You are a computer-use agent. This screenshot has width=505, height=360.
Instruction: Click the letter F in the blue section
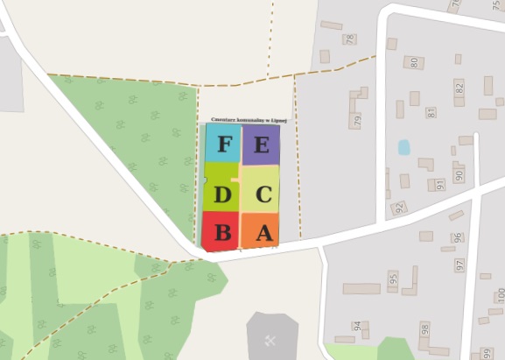coord(224,145)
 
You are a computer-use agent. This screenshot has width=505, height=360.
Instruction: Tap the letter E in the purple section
coord(261,145)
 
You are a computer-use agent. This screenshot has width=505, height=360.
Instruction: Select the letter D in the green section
coord(222,194)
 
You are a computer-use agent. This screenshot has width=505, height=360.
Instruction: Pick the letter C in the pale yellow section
coord(263,194)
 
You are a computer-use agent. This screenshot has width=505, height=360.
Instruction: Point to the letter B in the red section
coord(222,233)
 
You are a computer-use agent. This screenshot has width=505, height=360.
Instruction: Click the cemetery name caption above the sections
coord(244,120)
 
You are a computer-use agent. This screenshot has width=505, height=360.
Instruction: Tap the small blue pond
coord(403,147)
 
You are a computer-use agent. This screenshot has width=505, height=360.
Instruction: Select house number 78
coord(351,39)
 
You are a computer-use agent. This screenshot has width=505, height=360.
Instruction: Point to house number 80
coord(414,63)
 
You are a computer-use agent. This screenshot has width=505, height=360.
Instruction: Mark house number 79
coord(357,120)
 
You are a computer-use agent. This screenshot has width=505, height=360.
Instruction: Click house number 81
coord(431,112)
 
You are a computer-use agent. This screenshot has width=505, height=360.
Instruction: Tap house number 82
coord(459,88)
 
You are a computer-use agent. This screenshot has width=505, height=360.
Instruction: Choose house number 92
coord(400,208)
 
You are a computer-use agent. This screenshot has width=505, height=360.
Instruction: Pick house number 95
coord(394,279)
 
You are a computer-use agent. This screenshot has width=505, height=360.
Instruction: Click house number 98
coord(424,329)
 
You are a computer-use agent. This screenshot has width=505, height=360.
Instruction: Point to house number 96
coord(457,237)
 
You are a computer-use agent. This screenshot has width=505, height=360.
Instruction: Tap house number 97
coord(459,264)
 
